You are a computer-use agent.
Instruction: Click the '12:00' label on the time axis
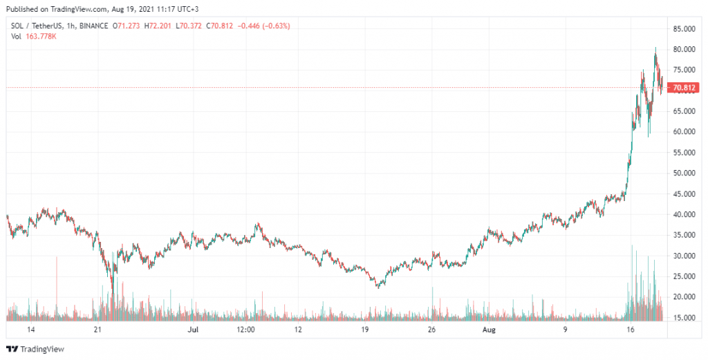click(246, 331)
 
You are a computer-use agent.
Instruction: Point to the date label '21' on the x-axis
click(97, 331)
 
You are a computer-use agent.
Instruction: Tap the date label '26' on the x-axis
click(432, 331)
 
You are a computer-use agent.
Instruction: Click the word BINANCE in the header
click(94, 26)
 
